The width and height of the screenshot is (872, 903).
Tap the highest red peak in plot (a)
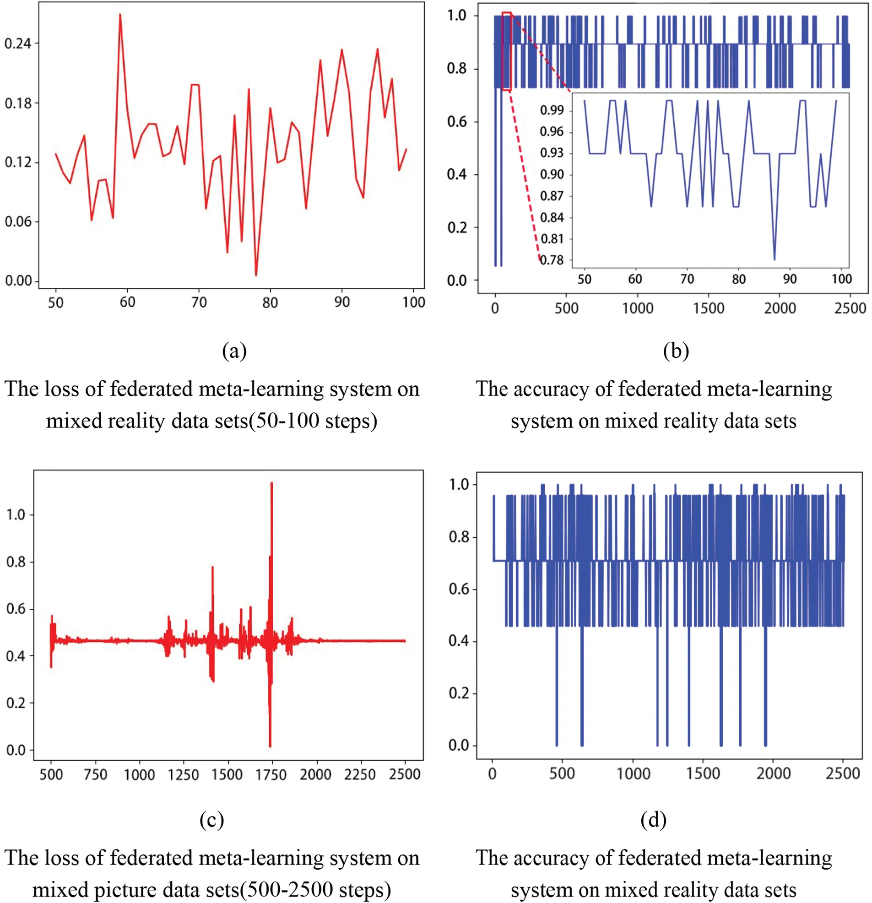pos(120,15)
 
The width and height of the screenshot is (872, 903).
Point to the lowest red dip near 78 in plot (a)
pos(256,275)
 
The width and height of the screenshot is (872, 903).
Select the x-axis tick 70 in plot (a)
pos(199,302)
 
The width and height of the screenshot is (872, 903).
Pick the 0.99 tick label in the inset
pos(552,110)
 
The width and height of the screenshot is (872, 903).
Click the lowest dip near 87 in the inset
pos(775,259)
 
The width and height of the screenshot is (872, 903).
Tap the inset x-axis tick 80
pos(738,279)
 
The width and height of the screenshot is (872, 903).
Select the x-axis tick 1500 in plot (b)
pos(709,308)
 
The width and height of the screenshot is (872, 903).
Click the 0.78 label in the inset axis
pos(552,260)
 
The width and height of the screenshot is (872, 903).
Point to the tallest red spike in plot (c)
pos(271,484)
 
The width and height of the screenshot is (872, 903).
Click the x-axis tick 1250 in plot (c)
pos(183,774)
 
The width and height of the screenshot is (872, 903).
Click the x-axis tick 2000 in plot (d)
pos(774,773)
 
